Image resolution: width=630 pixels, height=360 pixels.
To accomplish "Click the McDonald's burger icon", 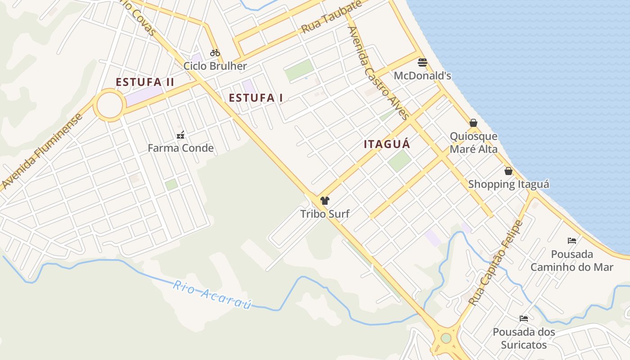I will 422,62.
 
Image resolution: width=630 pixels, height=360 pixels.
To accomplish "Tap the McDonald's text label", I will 422,76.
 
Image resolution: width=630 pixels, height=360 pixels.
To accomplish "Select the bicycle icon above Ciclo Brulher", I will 215,53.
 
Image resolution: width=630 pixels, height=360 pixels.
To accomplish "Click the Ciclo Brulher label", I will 215,66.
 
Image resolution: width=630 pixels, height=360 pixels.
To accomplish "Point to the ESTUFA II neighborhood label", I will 145,82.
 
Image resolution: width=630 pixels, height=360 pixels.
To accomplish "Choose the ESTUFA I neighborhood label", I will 256,98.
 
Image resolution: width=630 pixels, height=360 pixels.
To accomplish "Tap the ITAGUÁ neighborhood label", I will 387,144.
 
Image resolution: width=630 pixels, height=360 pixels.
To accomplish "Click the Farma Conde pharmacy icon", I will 180,135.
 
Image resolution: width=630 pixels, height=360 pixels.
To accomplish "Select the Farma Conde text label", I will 180,148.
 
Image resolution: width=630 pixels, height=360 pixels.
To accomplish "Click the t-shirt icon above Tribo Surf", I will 325,201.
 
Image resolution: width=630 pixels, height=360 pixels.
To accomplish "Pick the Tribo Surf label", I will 325,214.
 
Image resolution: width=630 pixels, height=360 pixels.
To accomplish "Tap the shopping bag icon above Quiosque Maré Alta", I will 473,123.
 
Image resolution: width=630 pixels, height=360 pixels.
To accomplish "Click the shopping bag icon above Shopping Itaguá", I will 508,171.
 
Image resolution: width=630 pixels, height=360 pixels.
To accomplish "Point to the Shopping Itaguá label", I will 508,184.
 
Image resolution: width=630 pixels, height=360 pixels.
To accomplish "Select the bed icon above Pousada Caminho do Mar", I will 572,240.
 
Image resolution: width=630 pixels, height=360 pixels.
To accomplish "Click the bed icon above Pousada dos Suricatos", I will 524,319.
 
